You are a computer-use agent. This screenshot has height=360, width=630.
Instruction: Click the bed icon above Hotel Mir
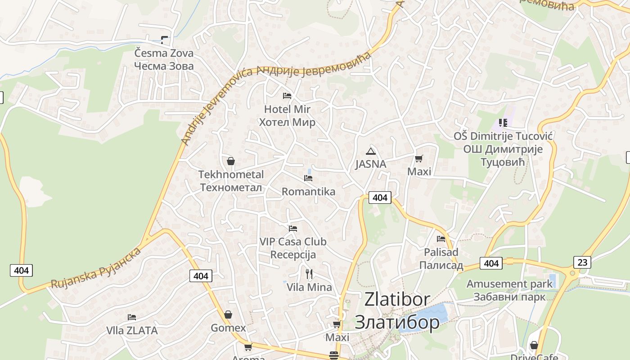[x=287, y=95]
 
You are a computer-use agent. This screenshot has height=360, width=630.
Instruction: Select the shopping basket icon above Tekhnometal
[x=231, y=161]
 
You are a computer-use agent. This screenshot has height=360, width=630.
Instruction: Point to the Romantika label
[x=308, y=192]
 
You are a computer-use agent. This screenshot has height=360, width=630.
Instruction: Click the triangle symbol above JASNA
[x=370, y=151]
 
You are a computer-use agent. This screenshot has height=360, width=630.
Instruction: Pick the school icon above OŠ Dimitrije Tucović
[x=503, y=122]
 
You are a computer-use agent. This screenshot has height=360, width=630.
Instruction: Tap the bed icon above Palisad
[x=441, y=238]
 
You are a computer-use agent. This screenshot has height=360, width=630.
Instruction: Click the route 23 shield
[x=582, y=262]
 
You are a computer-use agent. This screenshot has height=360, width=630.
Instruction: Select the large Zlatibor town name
[x=397, y=311]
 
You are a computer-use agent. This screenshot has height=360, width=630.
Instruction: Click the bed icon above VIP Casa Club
[x=293, y=229]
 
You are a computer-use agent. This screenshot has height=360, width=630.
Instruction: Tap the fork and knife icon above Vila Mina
[x=309, y=274]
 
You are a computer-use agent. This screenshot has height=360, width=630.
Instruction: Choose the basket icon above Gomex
[x=228, y=315]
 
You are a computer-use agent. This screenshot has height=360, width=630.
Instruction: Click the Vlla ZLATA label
[x=132, y=331]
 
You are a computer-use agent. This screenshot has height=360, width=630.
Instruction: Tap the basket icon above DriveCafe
[x=534, y=345]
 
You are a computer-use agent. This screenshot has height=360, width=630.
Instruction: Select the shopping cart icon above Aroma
[x=248, y=347]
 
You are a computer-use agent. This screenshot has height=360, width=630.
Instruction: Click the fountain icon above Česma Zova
[x=164, y=40]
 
